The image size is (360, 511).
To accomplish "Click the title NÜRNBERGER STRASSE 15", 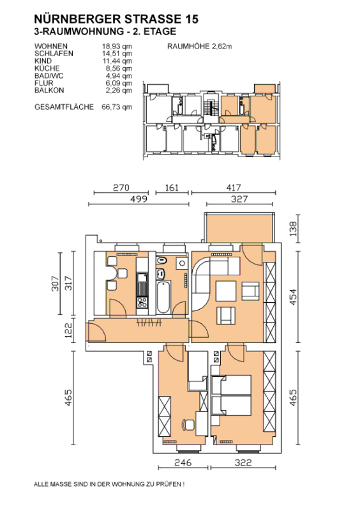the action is click(116, 19).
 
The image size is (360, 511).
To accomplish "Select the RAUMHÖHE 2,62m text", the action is click(199, 46).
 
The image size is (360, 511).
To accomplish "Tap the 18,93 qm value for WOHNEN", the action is click(117, 46).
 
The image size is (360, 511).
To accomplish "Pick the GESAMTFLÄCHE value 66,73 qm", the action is click(117, 107).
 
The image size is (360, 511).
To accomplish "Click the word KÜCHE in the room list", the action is click(47, 68).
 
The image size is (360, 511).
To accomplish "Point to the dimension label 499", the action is click(139, 199).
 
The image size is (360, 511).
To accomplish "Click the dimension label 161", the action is click(172, 188).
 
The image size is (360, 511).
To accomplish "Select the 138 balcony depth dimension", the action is click(293, 229).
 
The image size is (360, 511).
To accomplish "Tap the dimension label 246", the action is click(183, 462).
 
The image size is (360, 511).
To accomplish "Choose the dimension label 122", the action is click(69, 330).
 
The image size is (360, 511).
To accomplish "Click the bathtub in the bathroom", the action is click(163, 297).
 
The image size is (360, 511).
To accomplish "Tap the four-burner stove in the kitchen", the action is click(142, 302).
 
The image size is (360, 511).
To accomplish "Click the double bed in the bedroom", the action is click(231, 395).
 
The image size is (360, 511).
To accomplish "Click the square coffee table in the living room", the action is click(226, 291).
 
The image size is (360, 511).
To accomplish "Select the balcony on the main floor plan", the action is click(239, 227).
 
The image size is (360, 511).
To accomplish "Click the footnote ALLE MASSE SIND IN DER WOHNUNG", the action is click(109, 484).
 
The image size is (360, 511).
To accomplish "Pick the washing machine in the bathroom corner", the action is click(182, 263).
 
